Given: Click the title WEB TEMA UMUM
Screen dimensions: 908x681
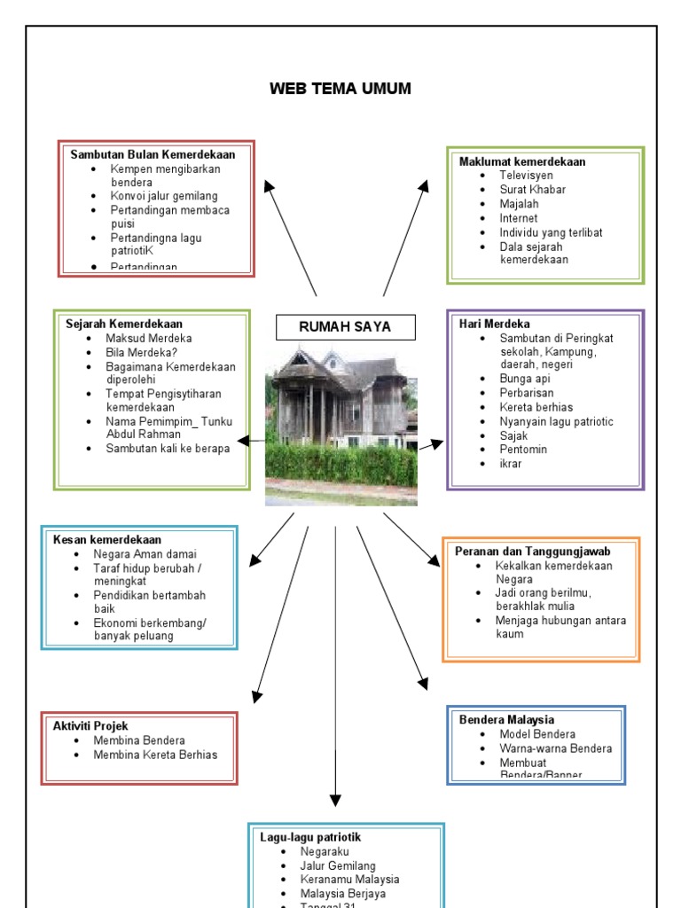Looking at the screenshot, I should point(340,89).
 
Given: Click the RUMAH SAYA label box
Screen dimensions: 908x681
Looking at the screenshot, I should point(345,327).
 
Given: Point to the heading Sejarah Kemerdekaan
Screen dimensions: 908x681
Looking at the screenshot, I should point(124,324).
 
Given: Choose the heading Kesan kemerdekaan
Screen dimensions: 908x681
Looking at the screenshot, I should point(107,539).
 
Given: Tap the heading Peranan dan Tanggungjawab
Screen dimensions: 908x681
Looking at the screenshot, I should point(532,551).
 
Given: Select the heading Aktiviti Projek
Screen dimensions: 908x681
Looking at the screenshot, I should point(90,726).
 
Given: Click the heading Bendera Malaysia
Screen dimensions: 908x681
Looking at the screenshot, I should point(506,720).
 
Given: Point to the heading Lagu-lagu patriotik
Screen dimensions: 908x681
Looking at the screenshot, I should point(310,837).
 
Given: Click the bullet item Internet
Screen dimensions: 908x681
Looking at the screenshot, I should point(519,218).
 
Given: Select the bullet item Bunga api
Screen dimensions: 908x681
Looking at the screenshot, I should point(525,379).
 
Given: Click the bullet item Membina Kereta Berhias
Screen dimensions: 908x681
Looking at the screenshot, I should point(155,755).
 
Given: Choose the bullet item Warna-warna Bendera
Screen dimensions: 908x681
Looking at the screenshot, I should point(555,748).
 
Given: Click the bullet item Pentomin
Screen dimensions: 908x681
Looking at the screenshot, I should point(523,450).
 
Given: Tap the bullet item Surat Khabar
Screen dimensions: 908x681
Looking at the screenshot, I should point(532,190).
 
